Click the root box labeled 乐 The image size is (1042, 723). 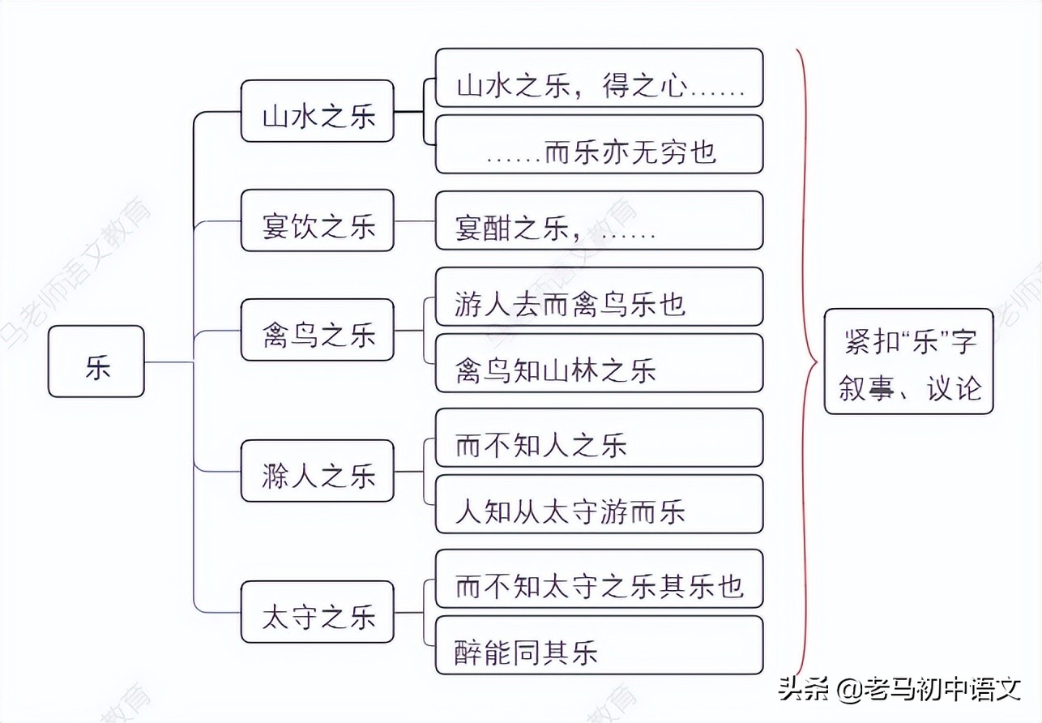point(96,361)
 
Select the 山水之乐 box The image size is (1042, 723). point(318,111)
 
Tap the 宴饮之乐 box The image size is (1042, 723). point(318,220)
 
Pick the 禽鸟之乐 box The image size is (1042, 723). point(318,330)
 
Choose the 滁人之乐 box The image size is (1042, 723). point(318,471)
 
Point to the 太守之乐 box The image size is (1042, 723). point(318,613)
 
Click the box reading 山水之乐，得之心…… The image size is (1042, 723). point(599,78)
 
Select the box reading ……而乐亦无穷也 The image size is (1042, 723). point(599,144)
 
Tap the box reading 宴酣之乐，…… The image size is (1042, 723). point(599,220)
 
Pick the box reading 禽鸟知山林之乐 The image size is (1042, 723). point(599,363)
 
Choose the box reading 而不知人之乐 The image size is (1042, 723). point(599,438)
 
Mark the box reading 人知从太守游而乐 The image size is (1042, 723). point(599,504)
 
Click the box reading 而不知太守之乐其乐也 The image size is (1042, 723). point(599,579)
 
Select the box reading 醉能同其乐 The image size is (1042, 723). point(599,645)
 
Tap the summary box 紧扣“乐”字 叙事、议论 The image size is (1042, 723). point(908,361)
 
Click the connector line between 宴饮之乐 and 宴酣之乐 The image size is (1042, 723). point(414,220)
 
